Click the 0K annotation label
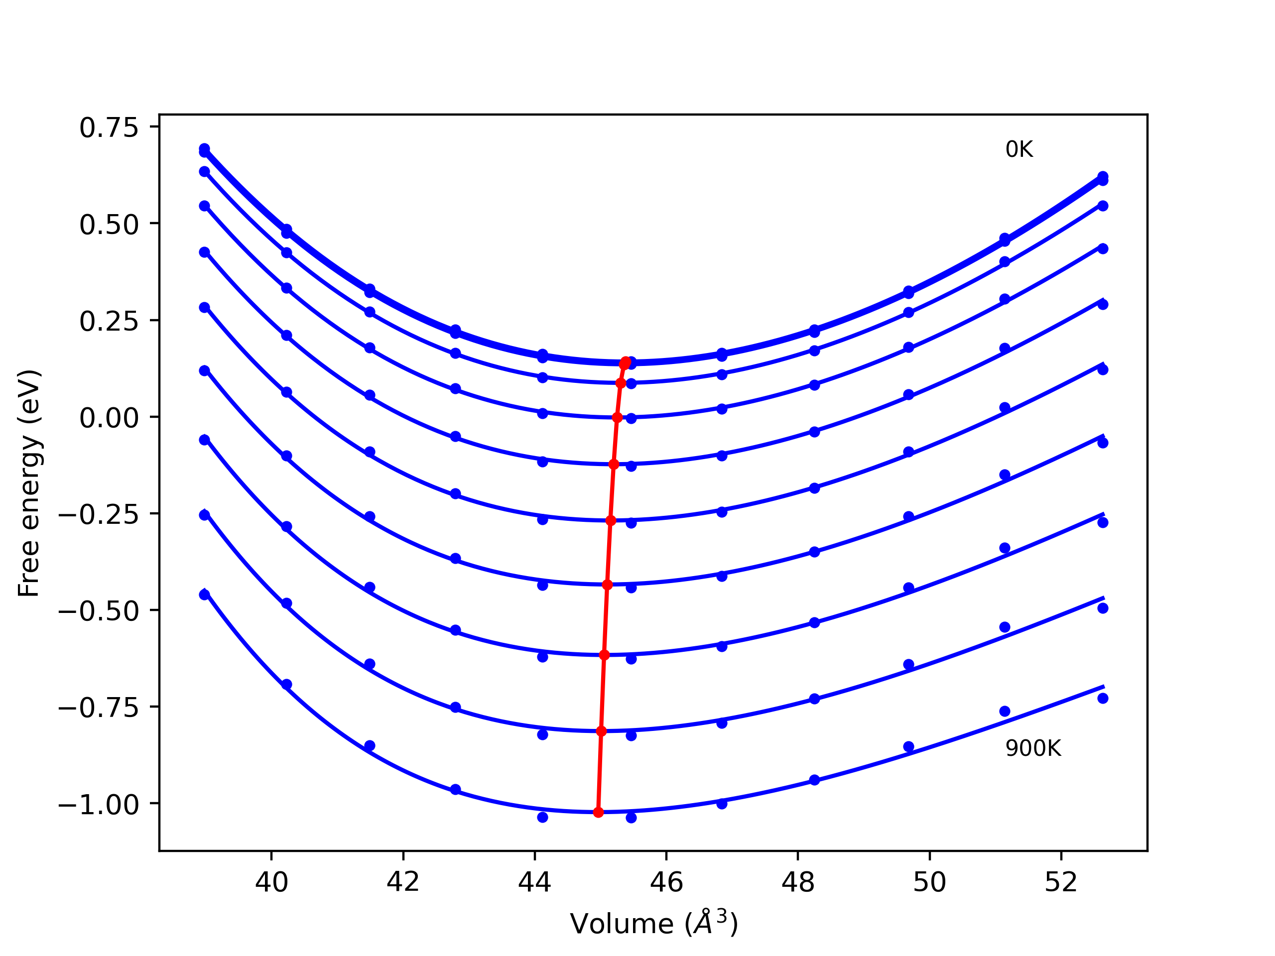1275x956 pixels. coord(1019,150)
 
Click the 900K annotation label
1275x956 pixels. coord(1033,748)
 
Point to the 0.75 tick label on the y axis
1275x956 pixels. coord(109,127)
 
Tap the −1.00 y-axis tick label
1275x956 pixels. coord(99,805)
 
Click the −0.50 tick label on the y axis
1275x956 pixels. coord(99,611)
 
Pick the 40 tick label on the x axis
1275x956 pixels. coord(271,883)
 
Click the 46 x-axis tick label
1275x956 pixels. coord(666,883)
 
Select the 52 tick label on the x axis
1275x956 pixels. coord(1061,883)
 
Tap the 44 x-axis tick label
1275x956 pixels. coord(535,883)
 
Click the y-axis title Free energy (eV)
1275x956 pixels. coord(29,483)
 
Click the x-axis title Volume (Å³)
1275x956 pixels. coord(653,924)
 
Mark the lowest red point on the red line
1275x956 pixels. coord(598,812)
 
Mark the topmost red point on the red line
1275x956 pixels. coord(625,363)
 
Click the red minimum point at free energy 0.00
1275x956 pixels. coord(617,418)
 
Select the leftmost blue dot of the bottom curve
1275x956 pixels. coord(205,594)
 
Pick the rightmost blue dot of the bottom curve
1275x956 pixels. coord(1103,699)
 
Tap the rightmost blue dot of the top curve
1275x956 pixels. coord(1103,176)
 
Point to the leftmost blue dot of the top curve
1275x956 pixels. coord(205,149)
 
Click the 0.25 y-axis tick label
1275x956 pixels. coord(109,321)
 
